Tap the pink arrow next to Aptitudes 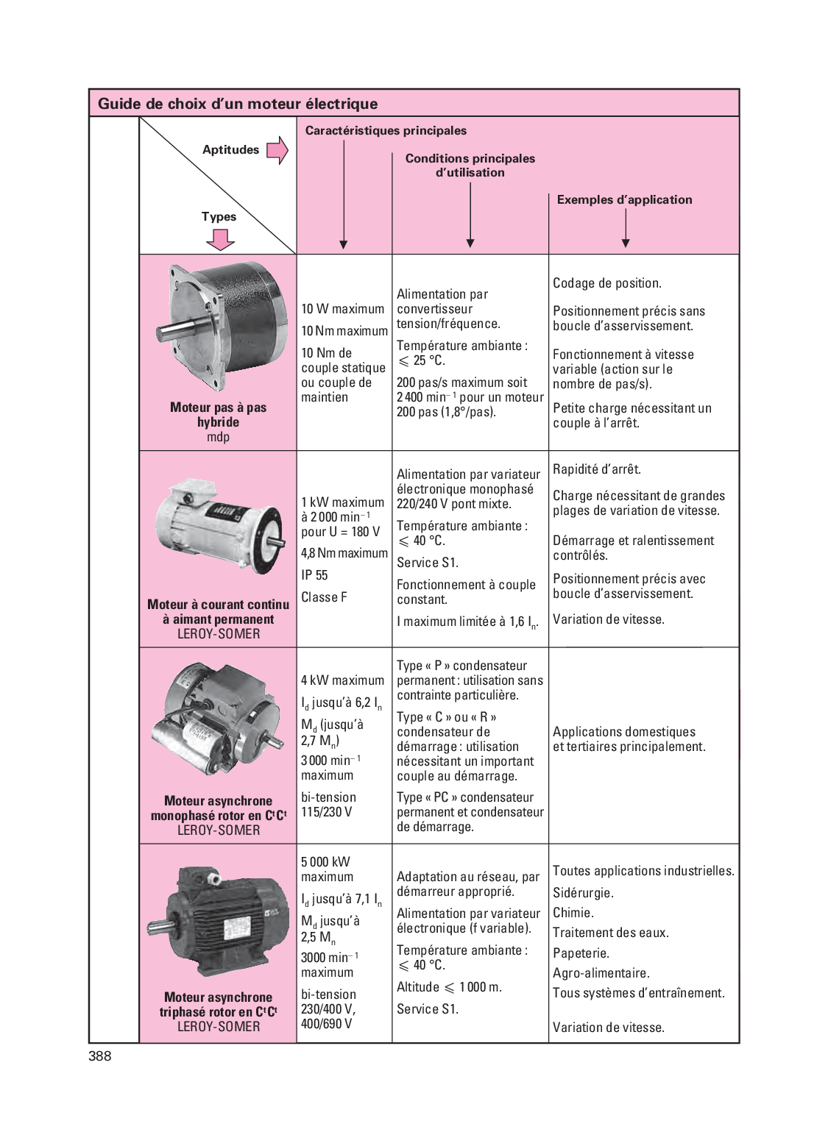pos(277,150)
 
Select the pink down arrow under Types pos(220,239)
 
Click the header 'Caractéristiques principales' pos(386,131)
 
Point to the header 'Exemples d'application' pos(624,199)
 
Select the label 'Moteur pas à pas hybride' pos(218,415)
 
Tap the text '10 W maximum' pos(342,309)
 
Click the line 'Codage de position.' pos(607,283)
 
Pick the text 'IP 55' pos(314,575)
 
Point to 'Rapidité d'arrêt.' pos(597,469)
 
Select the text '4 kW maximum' pos(342,680)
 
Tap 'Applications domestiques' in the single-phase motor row pos(624,732)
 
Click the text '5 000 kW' pos(325,862)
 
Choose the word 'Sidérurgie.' pos(583,893)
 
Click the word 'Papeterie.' pos(581,953)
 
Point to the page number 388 pos(100,1056)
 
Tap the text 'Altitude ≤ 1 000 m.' pos(449,987)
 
